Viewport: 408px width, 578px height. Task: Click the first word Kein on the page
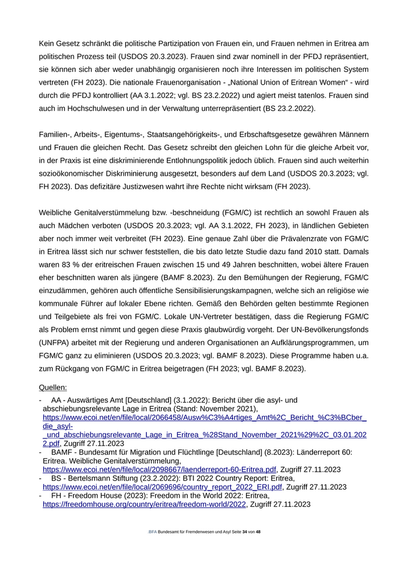coord(48,44)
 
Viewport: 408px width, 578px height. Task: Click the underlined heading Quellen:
coord(52,387)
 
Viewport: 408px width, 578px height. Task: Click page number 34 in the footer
coord(245,532)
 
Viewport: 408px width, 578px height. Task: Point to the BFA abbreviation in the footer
coord(152,532)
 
